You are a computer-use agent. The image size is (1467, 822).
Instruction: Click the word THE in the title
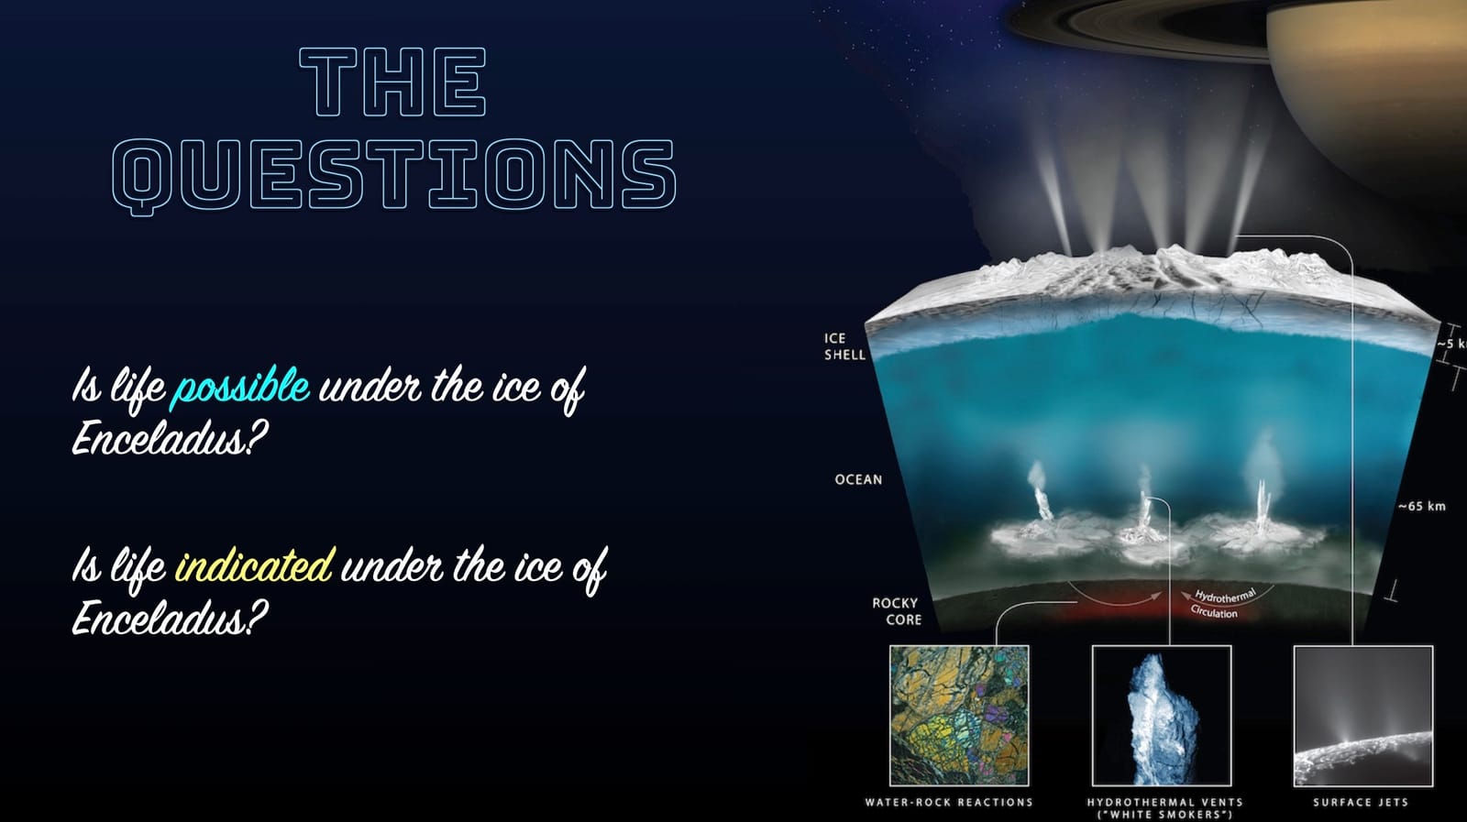tap(392, 82)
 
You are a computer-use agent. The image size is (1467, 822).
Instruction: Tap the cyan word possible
tap(242, 387)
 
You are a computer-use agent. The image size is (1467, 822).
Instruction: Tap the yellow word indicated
tap(254, 565)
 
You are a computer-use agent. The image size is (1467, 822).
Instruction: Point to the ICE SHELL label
tap(844, 346)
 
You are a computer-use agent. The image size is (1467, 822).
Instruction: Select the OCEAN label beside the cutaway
tap(858, 479)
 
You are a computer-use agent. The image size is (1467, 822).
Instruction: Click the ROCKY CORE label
tap(896, 611)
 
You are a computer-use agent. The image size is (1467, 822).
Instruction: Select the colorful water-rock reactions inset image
tap(959, 716)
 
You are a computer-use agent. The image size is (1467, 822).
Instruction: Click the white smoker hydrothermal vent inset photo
tap(1162, 716)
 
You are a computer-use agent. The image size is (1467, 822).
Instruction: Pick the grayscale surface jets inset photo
tap(1362, 716)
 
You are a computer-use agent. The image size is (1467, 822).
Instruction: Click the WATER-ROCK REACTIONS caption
tap(949, 802)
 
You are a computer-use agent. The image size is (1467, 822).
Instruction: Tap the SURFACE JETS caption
tap(1360, 802)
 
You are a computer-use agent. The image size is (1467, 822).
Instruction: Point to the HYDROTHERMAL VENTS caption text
tap(1164, 802)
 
